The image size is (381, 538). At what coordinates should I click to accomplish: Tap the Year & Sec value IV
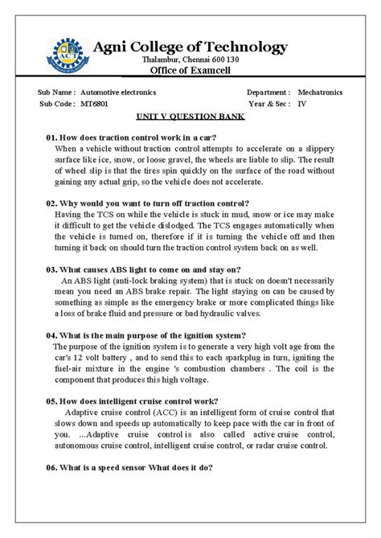pos(302,105)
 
